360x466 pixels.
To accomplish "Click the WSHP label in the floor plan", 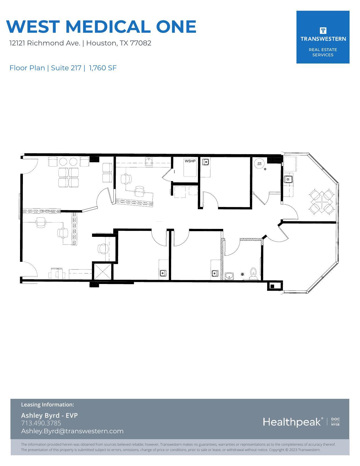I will click(190, 161).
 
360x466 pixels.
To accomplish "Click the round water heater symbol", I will click(259, 164).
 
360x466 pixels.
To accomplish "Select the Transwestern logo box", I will click(323, 37).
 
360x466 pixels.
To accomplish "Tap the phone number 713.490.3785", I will click(41, 423).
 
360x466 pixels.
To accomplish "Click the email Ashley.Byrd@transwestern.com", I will click(72, 431).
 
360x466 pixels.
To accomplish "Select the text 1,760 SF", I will click(103, 68).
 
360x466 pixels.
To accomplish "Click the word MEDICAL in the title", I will click(107, 27).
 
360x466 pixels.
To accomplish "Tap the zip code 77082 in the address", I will click(141, 43).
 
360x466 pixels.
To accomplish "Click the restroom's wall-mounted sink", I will click(229, 275).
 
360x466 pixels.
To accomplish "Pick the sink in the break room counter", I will click(288, 179).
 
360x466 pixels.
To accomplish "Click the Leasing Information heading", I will click(47, 404).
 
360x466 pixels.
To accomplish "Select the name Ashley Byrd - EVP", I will click(49, 415).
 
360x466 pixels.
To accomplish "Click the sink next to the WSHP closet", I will click(206, 162).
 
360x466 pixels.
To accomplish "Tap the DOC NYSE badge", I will click(335, 422).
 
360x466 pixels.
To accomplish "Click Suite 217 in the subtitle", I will click(66, 68).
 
